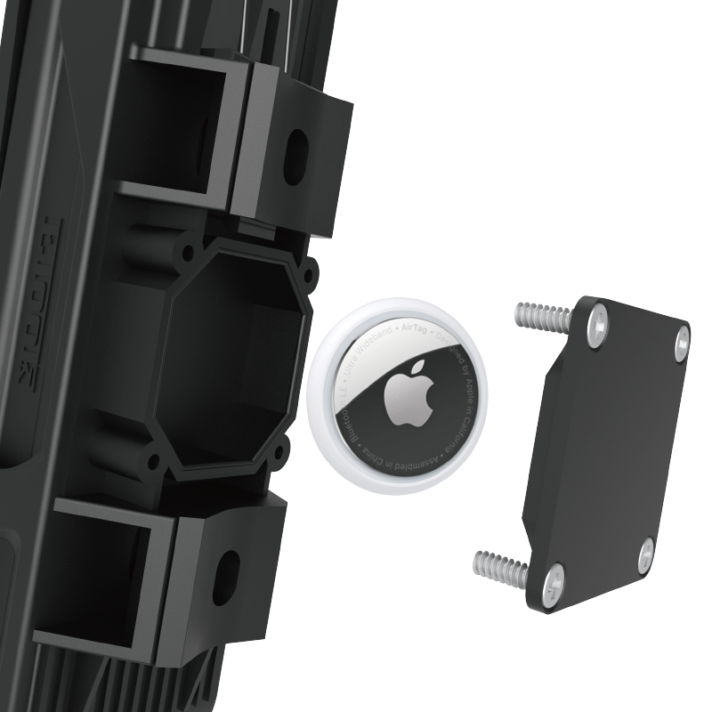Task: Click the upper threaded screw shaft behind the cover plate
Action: tap(541, 316)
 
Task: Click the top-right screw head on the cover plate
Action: tap(681, 337)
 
